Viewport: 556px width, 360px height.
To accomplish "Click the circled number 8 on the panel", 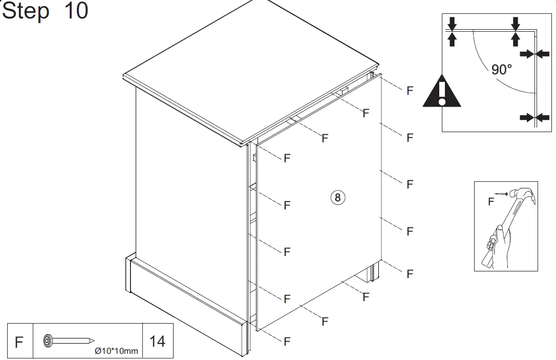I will coord(338,197).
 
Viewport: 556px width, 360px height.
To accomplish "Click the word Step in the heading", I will coord(27,11).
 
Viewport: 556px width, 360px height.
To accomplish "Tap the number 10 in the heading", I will coord(76,11).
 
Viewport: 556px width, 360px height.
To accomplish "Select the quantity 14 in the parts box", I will coord(157,341).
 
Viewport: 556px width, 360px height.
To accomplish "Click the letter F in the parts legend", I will coord(19,342).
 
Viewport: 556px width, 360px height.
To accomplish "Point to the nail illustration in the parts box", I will coord(69,340).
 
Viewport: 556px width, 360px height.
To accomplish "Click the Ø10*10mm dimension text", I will coord(117,351).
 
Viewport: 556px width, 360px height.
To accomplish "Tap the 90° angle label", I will coord(501,69).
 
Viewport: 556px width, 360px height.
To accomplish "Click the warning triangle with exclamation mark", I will coord(441,92).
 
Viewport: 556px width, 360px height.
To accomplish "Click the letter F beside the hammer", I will coord(491,202).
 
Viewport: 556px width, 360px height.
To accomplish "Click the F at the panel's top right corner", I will coord(410,91).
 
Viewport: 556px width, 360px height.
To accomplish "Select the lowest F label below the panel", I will coord(287,342).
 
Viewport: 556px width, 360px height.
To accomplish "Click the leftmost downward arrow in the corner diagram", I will coord(452,23).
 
